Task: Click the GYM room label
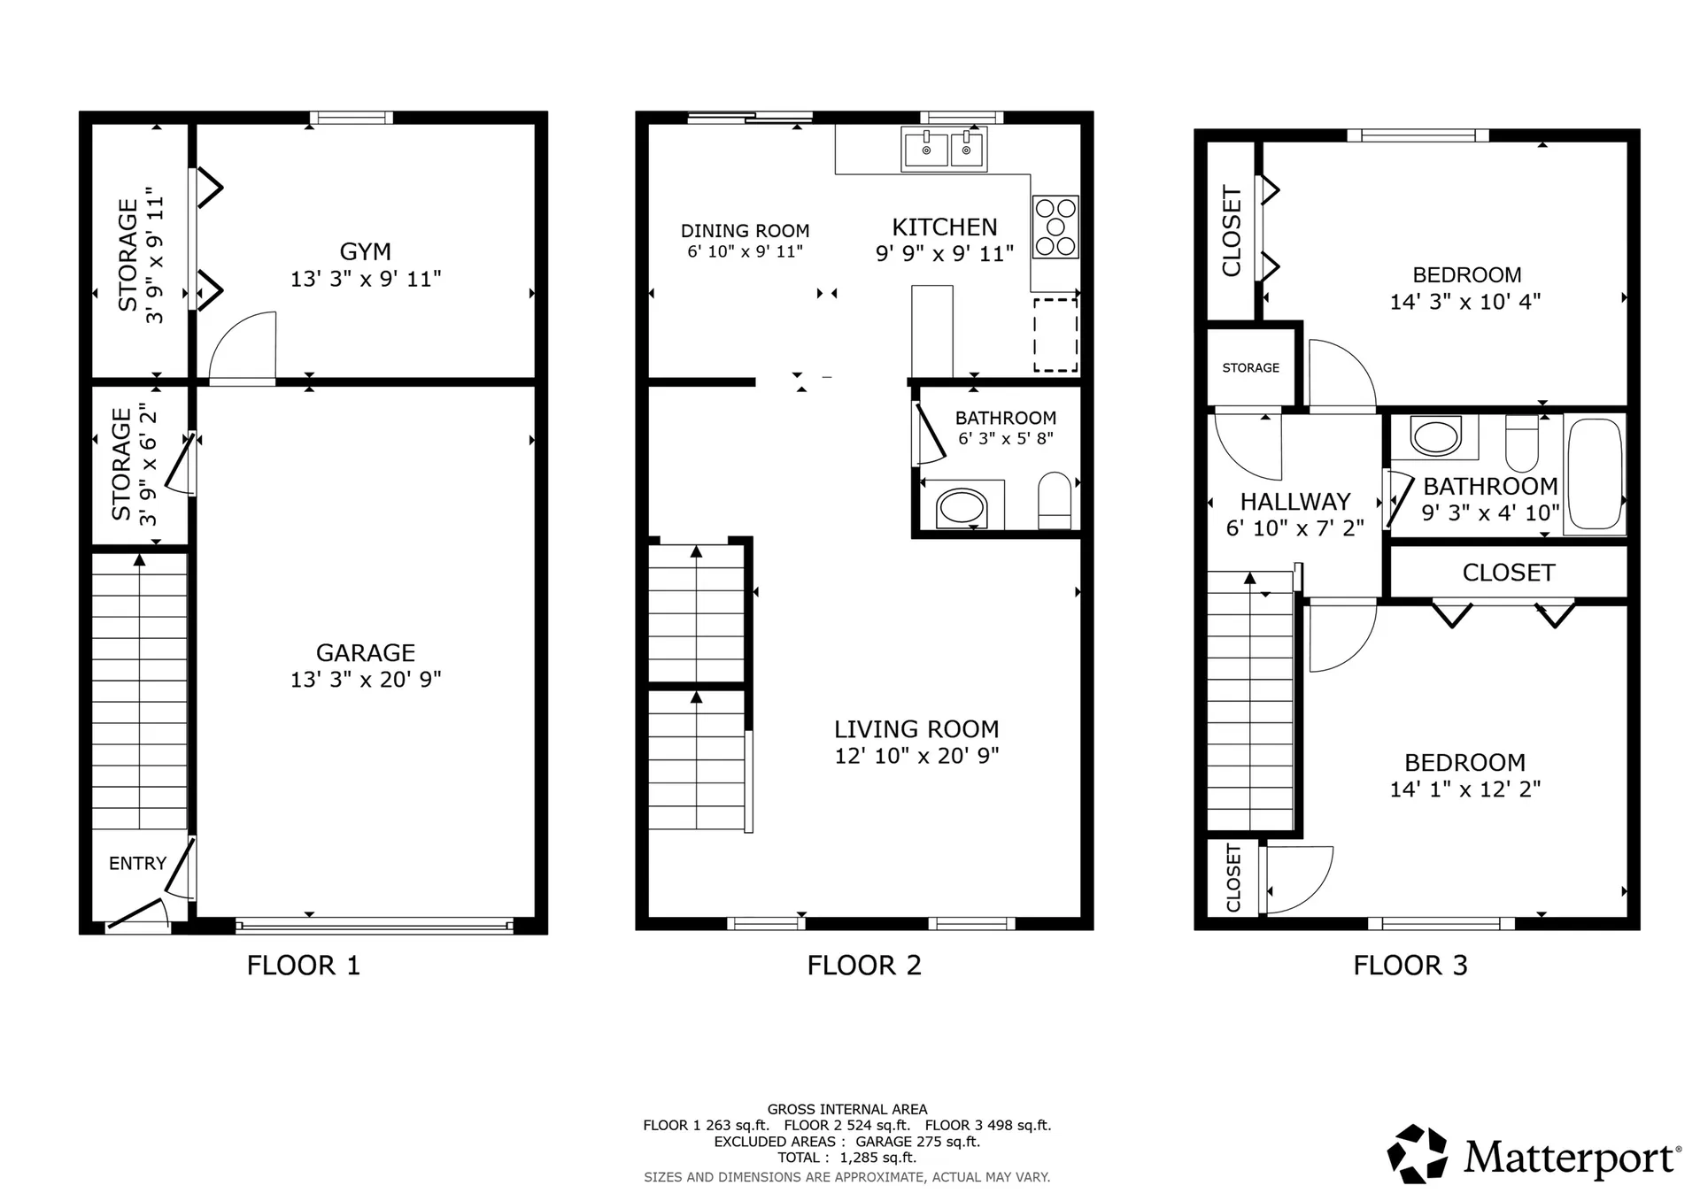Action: [365, 251]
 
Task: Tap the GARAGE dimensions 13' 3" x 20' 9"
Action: [366, 679]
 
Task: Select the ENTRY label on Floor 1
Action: [137, 863]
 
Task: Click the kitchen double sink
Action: [944, 149]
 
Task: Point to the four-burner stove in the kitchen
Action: [1055, 227]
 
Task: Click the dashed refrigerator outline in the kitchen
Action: [1055, 335]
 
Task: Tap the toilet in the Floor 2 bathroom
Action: [1055, 501]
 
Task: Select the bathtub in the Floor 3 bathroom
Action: [1595, 473]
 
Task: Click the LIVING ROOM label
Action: [916, 729]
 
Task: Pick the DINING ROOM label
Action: [745, 231]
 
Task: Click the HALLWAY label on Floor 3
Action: [1294, 502]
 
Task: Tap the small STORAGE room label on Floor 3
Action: [1250, 367]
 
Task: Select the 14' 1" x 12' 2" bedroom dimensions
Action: [1464, 789]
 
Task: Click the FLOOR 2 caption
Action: [864, 965]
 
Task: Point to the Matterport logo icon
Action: [1417, 1153]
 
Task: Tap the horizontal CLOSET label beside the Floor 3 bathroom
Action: [1508, 573]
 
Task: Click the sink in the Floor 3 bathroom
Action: [1434, 437]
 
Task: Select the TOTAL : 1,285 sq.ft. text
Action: [846, 1158]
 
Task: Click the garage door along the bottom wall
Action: [374, 927]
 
